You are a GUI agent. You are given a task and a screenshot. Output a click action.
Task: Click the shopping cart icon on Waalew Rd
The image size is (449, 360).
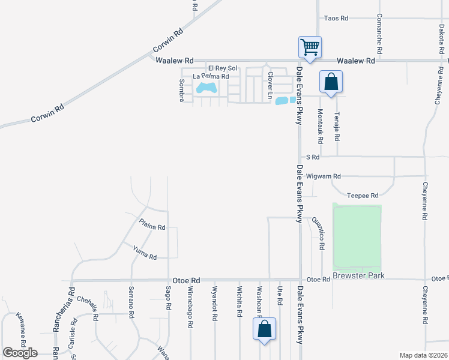click(310, 47)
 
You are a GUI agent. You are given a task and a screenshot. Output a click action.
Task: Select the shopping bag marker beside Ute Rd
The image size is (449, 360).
click(264, 329)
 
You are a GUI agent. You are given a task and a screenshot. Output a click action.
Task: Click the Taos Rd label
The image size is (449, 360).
click(336, 19)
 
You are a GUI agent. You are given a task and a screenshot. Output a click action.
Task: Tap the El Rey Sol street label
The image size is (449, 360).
click(223, 68)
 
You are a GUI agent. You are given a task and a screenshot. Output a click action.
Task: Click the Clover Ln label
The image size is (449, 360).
click(271, 86)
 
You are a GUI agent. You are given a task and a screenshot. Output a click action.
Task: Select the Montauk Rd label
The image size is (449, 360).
click(321, 127)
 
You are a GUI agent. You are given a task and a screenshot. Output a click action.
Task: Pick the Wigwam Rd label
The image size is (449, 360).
click(323, 176)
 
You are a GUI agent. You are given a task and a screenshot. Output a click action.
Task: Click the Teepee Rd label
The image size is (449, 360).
click(363, 196)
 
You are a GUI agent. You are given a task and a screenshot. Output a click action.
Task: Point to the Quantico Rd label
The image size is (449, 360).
click(322, 234)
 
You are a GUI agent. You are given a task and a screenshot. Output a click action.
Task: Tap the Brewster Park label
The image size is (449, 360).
click(358, 276)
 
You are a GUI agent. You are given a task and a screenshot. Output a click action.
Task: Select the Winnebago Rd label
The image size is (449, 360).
click(190, 307)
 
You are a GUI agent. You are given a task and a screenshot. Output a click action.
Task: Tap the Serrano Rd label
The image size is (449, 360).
click(130, 298)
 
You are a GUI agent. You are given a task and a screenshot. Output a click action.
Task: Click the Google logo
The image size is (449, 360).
click(20, 353)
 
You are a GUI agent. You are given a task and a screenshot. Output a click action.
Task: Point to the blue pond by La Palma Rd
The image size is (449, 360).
click(207, 89)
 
